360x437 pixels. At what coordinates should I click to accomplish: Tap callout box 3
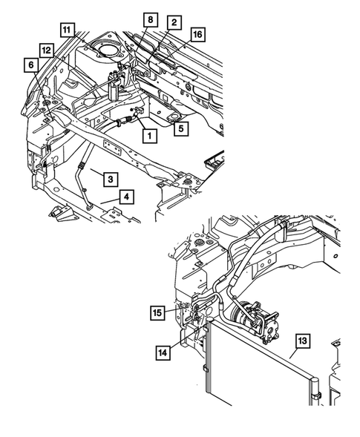coord(108,179)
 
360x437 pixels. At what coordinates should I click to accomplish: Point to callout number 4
coord(127,197)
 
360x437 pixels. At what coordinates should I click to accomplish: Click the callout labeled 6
coord(33,65)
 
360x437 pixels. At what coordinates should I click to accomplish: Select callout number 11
coord(68,30)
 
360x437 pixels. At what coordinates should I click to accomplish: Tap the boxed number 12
coord(46,50)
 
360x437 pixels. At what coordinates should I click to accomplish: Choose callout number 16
coord(198,33)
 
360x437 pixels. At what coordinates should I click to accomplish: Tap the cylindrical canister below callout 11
coord(116,87)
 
